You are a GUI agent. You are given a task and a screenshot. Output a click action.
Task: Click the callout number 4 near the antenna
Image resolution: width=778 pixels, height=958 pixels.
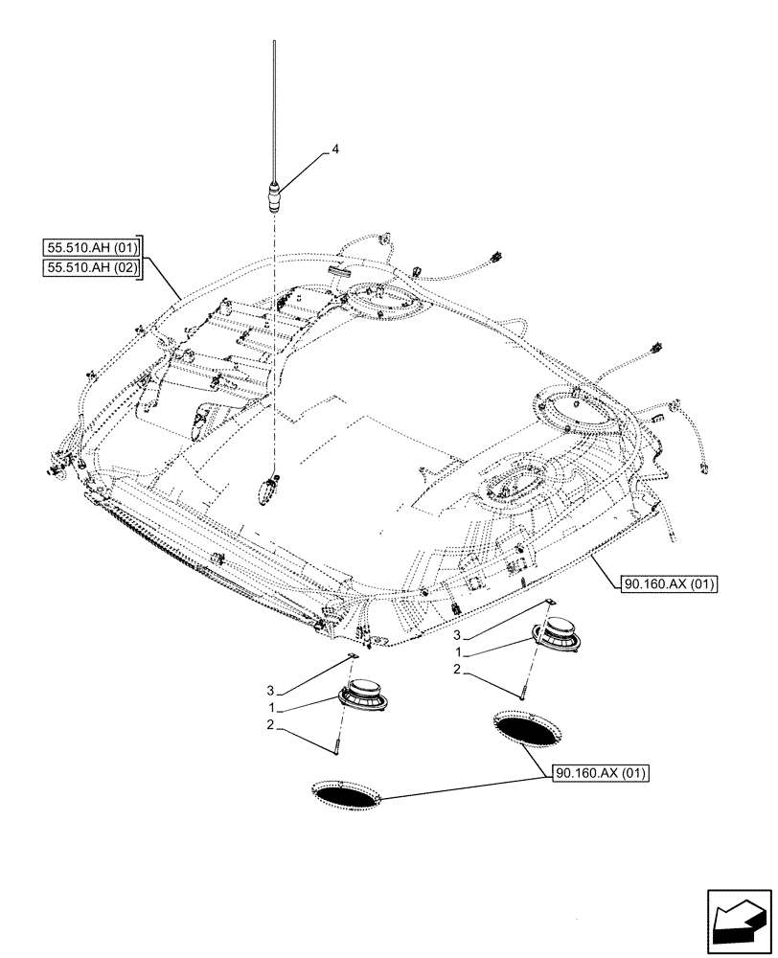335,149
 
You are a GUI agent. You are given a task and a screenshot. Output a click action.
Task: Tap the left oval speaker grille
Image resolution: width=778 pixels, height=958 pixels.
347,793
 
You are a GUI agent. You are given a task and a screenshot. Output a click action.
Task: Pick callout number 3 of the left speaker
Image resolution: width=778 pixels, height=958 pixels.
271,689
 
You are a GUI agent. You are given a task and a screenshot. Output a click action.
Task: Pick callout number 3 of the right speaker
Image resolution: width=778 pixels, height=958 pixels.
458,635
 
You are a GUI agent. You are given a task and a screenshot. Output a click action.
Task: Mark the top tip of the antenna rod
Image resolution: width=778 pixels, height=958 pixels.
275,42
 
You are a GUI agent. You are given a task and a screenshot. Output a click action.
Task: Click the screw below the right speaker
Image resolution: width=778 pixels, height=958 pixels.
522,688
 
